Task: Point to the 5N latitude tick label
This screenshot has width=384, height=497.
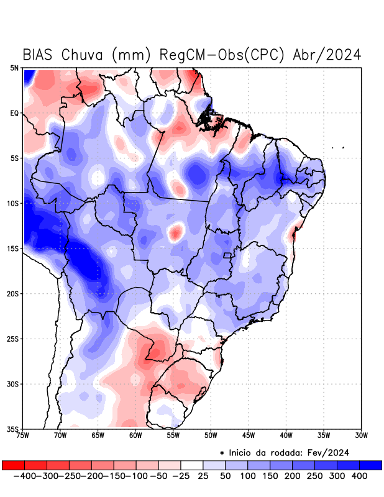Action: [x=14, y=68]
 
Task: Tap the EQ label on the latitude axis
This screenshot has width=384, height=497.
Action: [x=14, y=113]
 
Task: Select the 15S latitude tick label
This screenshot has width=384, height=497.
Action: [x=13, y=248]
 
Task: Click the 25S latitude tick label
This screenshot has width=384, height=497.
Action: [x=13, y=339]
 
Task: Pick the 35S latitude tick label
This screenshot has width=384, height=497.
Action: [x=13, y=429]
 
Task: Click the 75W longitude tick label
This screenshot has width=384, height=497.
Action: [x=24, y=435]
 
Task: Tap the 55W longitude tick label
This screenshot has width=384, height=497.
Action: [x=173, y=435]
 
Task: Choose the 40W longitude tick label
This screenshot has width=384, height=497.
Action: [x=286, y=435]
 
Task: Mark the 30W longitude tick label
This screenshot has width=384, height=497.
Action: [x=361, y=435]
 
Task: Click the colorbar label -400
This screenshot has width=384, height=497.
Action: [x=24, y=476]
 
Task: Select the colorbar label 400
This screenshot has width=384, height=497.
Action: [x=359, y=476]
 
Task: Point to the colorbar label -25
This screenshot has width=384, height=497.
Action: [x=181, y=476]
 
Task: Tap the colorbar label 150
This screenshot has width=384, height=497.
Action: [x=270, y=476]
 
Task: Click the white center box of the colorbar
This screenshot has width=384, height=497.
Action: [x=192, y=465]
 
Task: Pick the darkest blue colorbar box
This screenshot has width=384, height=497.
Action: [x=371, y=465]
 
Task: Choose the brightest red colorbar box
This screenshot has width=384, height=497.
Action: [x=13, y=465]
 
